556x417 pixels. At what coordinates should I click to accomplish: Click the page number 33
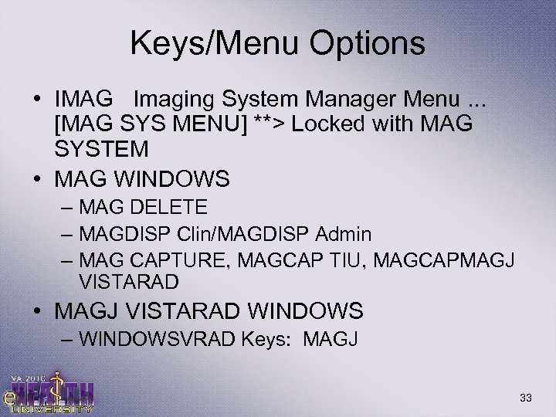coord(526,397)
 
